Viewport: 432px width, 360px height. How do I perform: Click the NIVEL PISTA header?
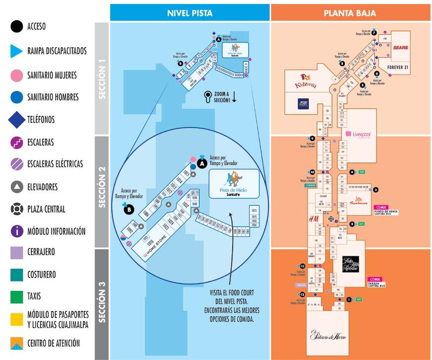click(190, 13)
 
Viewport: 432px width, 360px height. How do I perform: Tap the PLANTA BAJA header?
click(350, 13)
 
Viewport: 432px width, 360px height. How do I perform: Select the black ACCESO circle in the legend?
click(17, 27)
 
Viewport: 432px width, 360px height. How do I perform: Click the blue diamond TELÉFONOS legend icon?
click(17, 119)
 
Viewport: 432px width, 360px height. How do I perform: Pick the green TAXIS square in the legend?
click(17, 297)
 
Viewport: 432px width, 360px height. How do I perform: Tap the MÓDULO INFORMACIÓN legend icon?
click(17, 231)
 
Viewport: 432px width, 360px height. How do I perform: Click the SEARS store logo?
click(401, 48)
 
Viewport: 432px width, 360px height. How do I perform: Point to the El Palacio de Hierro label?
click(328, 335)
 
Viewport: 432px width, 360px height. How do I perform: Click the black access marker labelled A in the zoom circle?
click(202, 162)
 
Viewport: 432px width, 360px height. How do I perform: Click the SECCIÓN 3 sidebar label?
click(102, 304)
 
